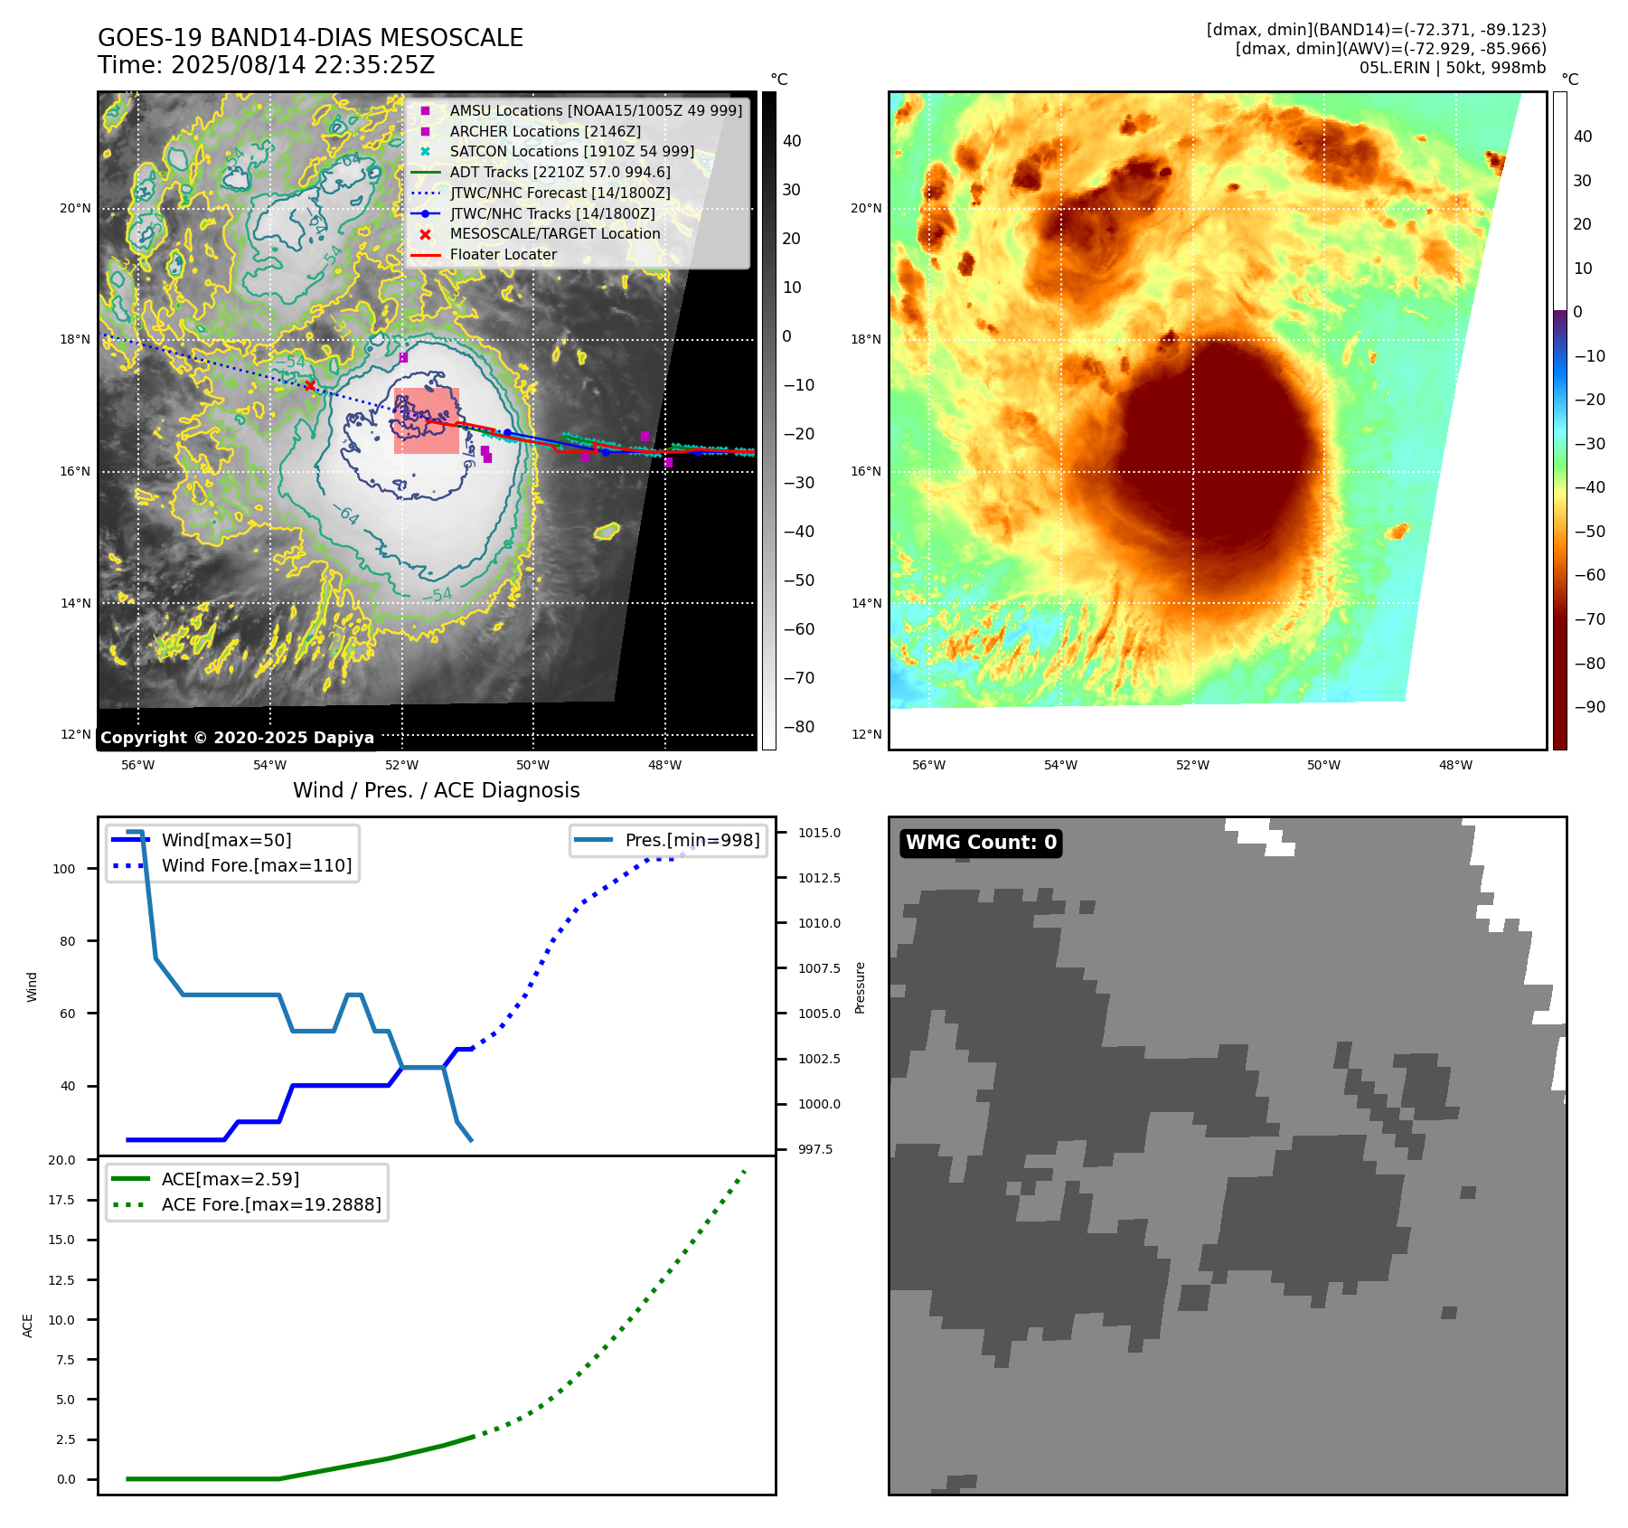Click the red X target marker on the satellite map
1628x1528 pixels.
point(310,386)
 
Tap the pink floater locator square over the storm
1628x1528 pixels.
point(426,420)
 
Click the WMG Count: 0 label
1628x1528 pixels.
point(981,843)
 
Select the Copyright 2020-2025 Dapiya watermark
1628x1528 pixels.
point(237,738)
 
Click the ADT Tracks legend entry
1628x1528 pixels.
point(560,172)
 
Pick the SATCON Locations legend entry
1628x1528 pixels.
point(571,151)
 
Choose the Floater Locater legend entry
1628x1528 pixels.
point(503,254)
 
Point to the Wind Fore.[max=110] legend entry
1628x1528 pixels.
point(256,865)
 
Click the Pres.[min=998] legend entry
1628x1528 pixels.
point(692,840)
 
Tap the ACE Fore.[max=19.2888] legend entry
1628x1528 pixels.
point(270,1204)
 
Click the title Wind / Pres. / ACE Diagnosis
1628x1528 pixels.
point(436,790)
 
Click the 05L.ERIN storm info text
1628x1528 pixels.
point(1452,68)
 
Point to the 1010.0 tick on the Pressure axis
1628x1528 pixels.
point(819,923)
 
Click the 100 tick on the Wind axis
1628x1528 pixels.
point(64,869)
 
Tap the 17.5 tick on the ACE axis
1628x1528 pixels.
point(61,1200)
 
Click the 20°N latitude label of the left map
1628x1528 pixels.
point(75,208)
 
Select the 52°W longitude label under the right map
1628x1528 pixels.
point(1192,765)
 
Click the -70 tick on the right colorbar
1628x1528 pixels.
point(1589,619)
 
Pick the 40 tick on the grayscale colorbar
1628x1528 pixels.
point(792,141)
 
